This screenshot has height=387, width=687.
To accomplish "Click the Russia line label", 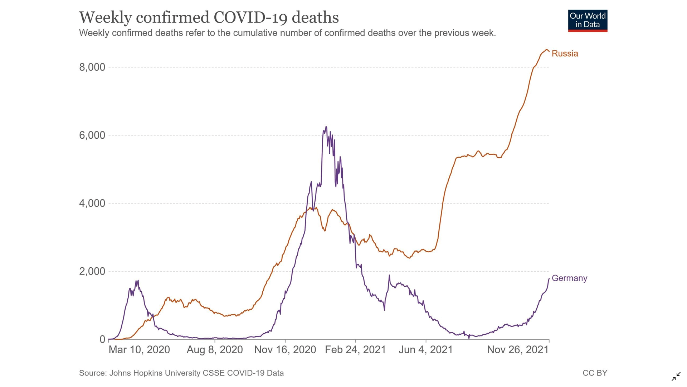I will (x=565, y=53).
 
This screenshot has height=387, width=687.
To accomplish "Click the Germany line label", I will (x=569, y=278).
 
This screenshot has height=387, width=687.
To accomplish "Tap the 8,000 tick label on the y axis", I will (x=92, y=67).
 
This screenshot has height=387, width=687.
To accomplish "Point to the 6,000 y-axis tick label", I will (x=92, y=135).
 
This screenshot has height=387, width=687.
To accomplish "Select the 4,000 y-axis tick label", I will (x=92, y=203).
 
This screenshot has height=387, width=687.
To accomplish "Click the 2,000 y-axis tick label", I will (x=92, y=271).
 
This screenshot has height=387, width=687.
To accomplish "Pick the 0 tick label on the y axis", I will (x=102, y=339).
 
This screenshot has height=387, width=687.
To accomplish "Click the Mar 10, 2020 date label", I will (x=139, y=350).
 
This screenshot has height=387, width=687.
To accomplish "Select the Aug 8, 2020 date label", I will (x=215, y=350).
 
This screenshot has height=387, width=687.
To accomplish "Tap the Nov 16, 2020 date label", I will (x=285, y=350).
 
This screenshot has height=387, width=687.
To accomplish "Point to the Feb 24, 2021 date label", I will (x=355, y=350).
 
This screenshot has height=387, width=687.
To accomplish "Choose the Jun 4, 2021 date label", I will (x=426, y=350).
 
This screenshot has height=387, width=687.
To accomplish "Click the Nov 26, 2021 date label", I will (x=518, y=350).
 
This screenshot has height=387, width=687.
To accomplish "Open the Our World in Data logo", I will (x=588, y=21).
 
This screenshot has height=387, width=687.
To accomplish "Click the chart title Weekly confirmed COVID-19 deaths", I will (x=209, y=17).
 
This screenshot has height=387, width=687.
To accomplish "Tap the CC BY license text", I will (x=595, y=373).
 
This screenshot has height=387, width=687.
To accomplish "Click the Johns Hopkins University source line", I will (x=181, y=373).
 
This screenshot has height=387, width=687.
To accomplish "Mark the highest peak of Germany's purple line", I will (x=326, y=126).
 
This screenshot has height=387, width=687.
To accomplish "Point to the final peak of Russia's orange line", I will (x=546, y=50).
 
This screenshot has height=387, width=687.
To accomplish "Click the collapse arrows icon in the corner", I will (x=676, y=377).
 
